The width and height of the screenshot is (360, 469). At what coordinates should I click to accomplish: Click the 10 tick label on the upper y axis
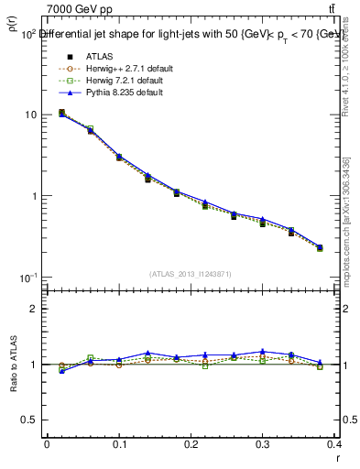(30, 115)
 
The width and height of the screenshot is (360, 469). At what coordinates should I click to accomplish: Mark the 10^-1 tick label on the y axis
(27, 278)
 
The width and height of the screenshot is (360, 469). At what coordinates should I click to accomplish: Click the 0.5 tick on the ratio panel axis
(29, 420)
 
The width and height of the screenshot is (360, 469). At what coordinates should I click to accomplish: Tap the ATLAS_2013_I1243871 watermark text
(191, 274)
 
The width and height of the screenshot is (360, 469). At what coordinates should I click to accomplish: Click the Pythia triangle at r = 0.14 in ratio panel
(147, 353)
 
